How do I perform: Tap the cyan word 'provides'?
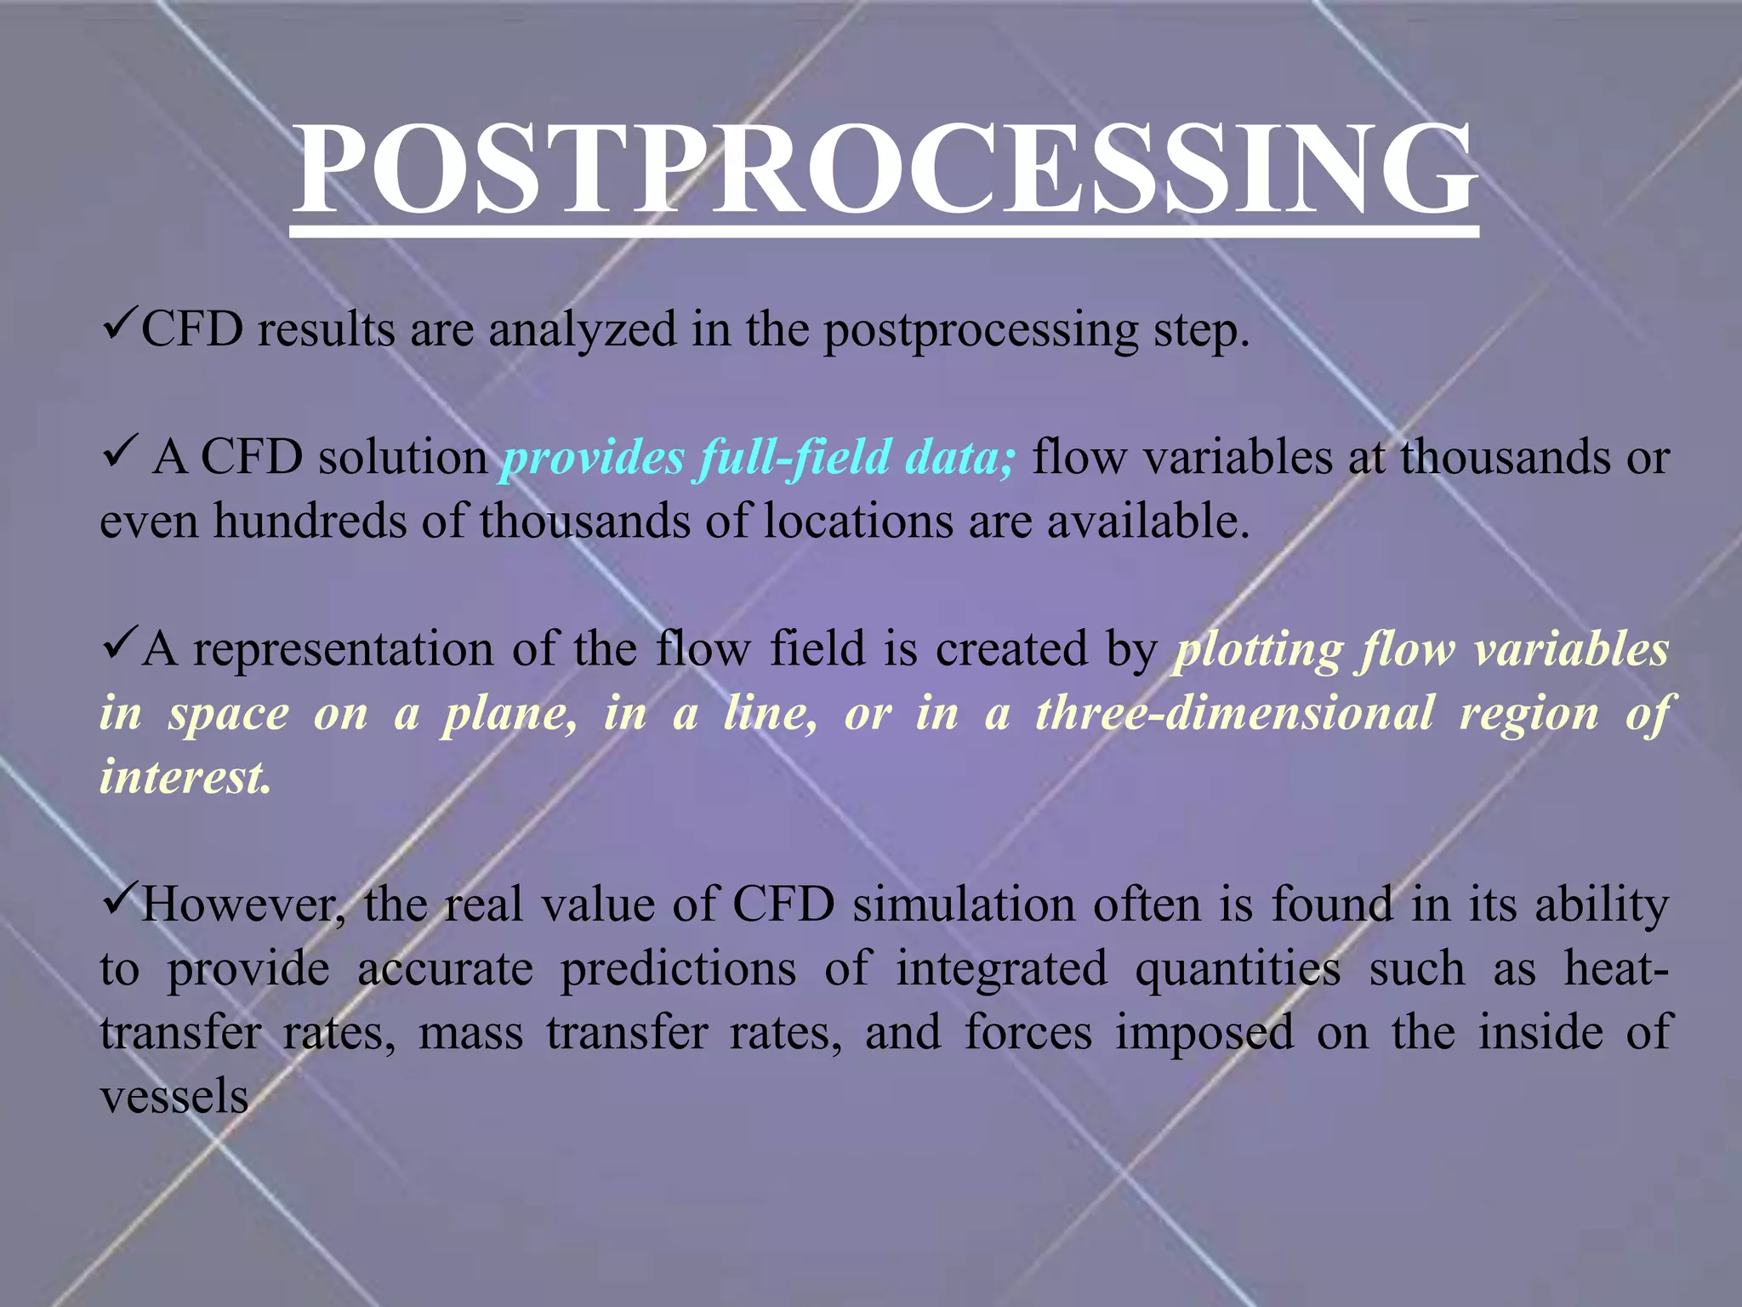click(x=593, y=458)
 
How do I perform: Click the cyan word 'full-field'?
click(x=794, y=458)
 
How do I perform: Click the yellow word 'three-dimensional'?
click(x=1234, y=713)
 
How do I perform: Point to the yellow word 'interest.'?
click(x=185, y=777)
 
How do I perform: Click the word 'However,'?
click(x=242, y=905)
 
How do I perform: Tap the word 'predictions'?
click(x=678, y=969)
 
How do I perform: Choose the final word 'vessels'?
click(x=174, y=1097)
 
